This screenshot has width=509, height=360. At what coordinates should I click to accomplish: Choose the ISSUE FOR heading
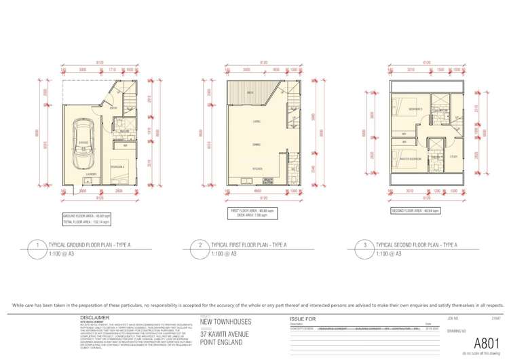coord(303,318)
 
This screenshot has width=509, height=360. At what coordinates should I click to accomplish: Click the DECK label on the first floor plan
coord(250,93)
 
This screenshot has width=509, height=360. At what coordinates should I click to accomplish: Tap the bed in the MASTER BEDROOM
coord(407,164)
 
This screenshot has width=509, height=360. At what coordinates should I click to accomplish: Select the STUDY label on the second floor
coord(453,157)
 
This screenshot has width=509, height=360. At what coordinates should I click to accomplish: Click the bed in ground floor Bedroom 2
coord(120,176)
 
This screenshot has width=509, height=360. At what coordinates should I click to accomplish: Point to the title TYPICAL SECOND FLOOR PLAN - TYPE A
coord(416,245)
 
